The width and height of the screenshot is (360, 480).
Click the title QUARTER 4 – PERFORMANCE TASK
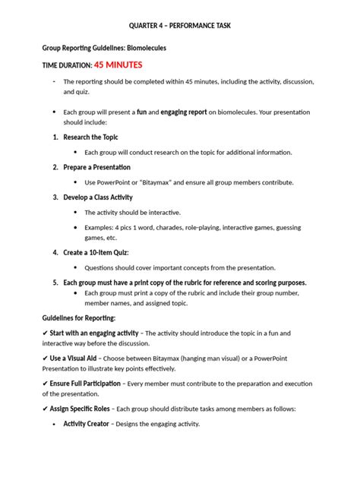coord(180,25)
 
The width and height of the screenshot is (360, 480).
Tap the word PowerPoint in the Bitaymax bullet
coord(113,182)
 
